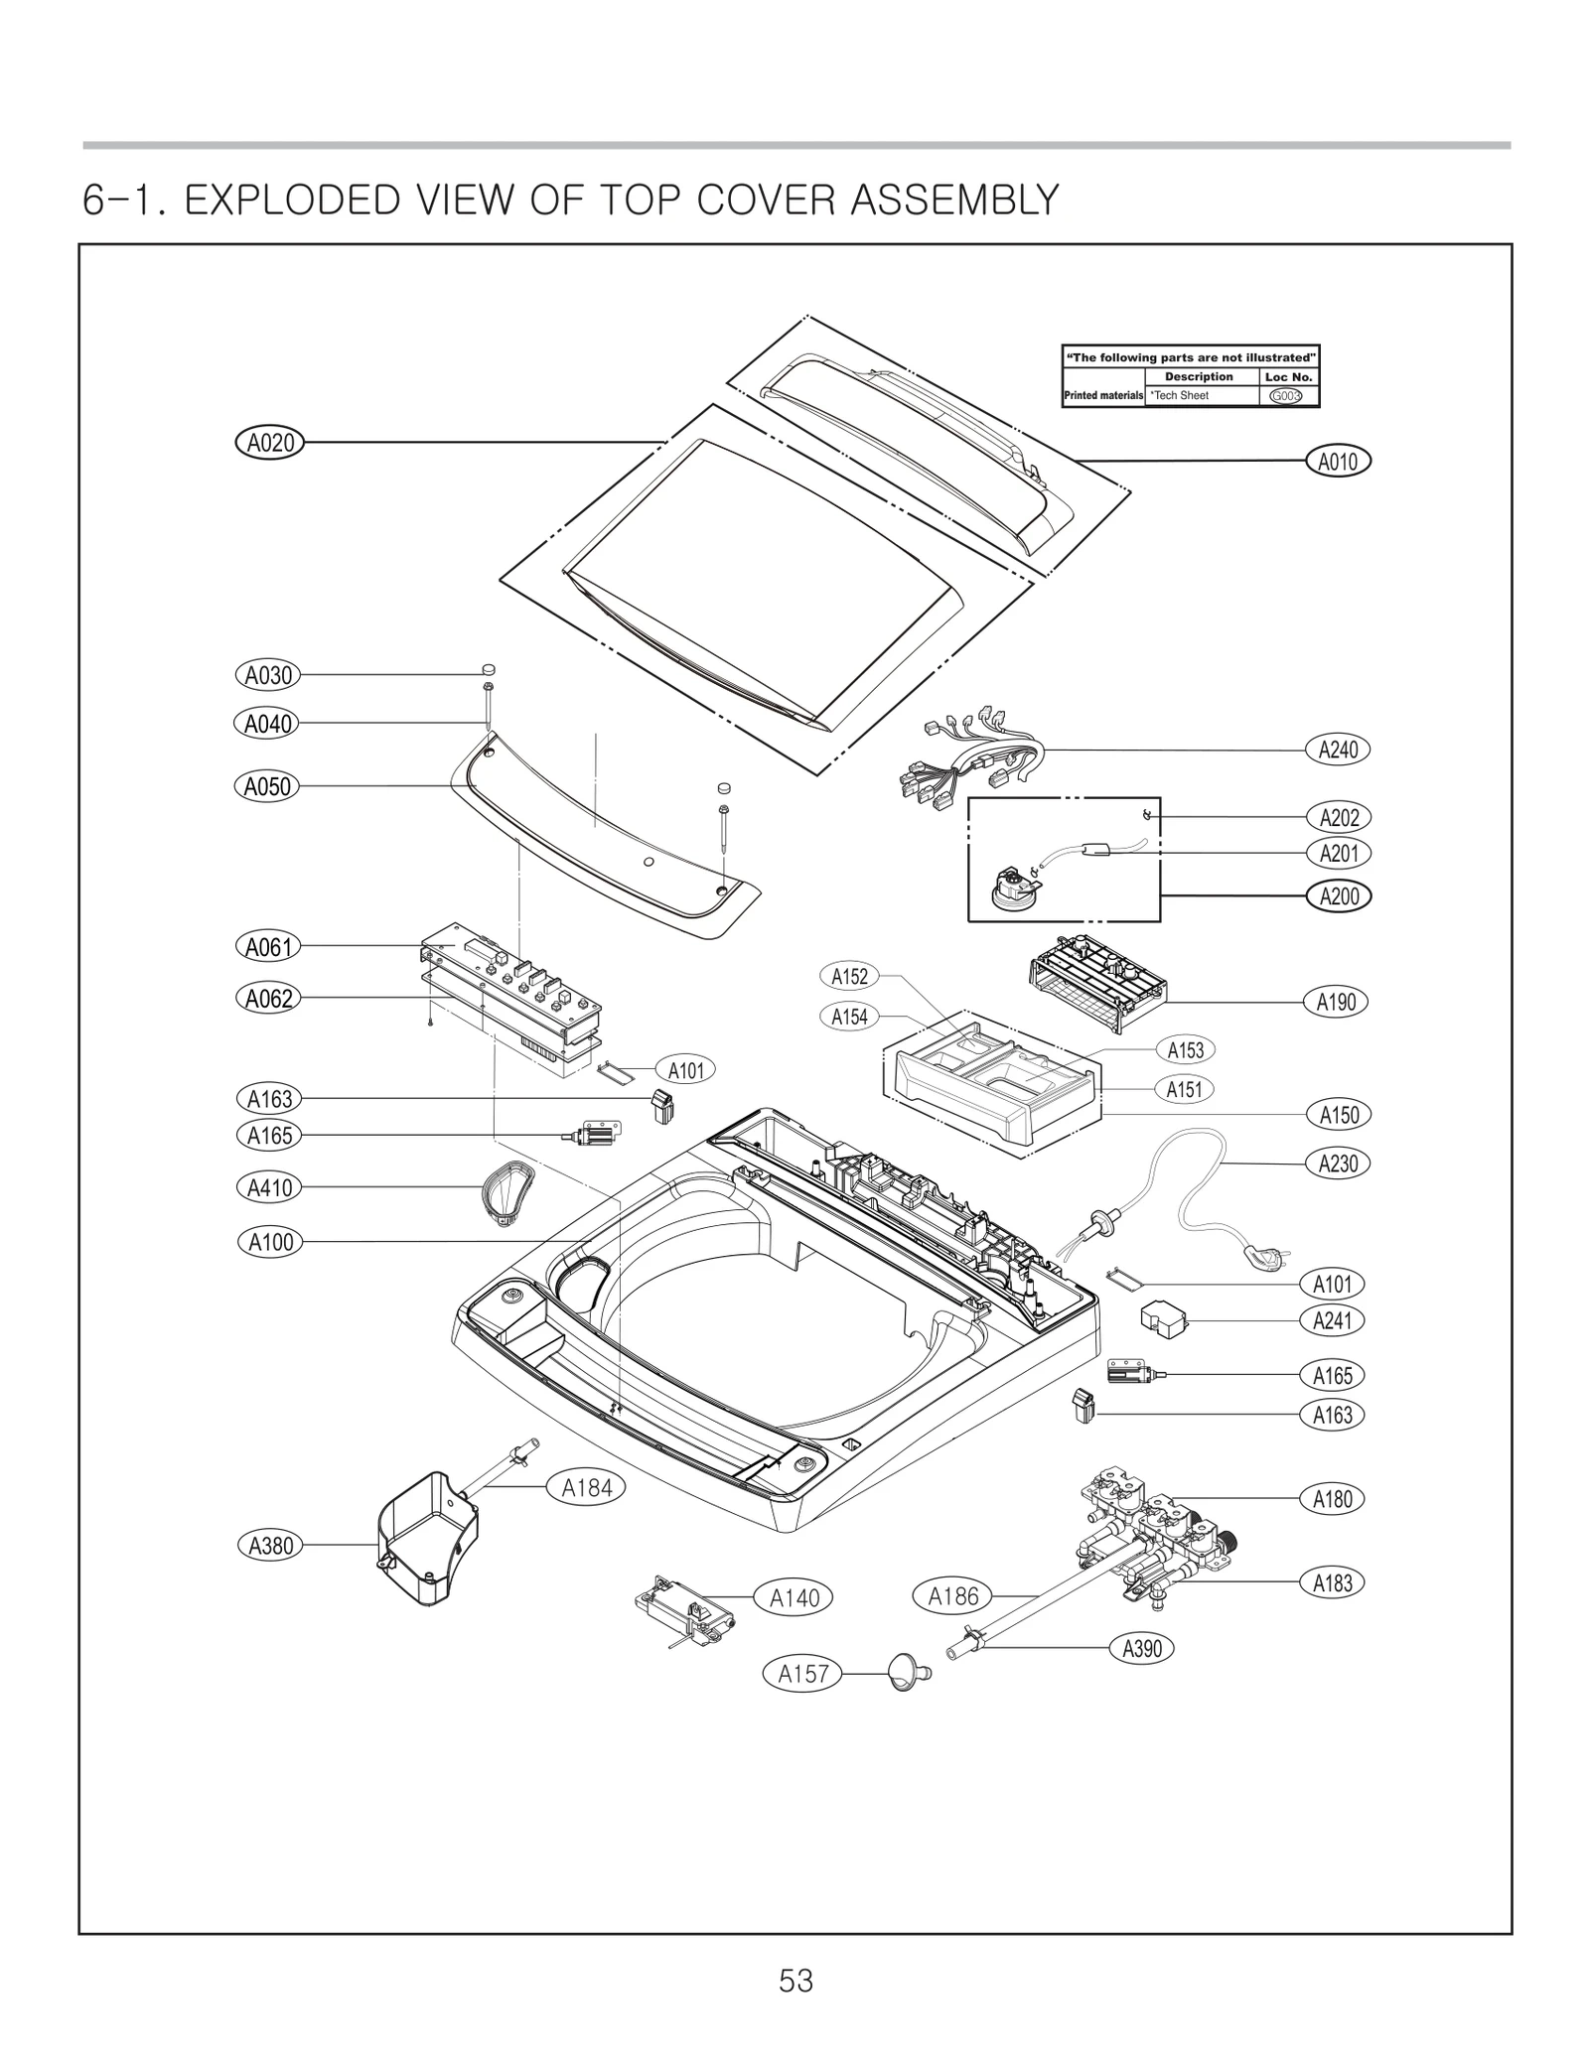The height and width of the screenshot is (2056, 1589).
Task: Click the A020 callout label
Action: click(269, 442)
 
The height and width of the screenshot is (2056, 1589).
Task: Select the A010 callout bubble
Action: click(1337, 461)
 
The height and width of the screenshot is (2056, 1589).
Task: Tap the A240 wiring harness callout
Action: click(1337, 750)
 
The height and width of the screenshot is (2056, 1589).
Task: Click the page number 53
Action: click(795, 1981)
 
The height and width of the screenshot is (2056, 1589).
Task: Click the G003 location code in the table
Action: click(1286, 396)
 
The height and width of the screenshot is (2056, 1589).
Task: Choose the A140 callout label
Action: click(794, 1597)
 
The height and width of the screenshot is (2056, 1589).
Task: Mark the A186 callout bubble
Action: click(952, 1596)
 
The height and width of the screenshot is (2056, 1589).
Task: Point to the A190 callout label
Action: click(1336, 1002)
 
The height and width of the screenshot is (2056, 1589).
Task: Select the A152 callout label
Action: click(849, 976)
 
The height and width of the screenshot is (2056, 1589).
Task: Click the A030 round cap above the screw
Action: click(489, 669)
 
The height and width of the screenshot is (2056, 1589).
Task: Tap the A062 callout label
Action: click(268, 998)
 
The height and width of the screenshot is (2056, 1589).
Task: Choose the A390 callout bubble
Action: click(1141, 1648)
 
